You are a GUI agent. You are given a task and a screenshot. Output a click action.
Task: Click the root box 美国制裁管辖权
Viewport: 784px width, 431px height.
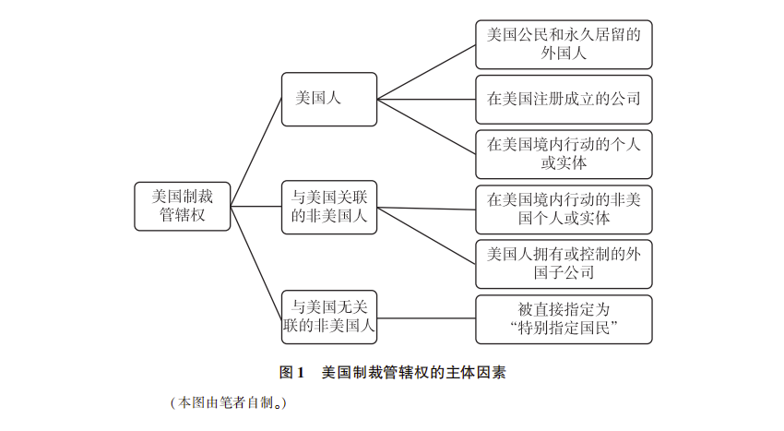182,205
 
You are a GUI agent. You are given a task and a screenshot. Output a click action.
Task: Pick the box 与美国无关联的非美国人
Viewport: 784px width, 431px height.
329,316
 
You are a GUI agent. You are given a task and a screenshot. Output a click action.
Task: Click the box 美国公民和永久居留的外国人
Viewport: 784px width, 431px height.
563,44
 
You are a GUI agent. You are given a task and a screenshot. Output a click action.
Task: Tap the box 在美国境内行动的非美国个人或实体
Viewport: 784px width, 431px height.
563,210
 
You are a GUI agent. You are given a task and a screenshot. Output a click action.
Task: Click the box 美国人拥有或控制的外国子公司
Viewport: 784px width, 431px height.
563,263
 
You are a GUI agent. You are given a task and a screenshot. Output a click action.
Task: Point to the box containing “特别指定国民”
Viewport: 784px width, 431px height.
563,318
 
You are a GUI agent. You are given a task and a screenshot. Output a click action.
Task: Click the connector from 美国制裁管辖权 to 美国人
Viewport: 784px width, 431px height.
256,151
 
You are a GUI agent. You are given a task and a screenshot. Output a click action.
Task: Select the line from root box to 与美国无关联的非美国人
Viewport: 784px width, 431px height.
256,260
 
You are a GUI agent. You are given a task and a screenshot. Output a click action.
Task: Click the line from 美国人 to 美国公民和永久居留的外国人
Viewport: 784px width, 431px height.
426,72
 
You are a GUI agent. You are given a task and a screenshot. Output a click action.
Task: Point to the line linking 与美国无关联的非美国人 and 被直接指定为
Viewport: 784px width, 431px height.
426,318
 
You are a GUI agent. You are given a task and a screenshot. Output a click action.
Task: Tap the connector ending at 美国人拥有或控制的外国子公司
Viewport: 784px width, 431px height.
426,234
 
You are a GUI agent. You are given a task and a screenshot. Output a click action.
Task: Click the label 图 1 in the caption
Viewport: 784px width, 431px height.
291,374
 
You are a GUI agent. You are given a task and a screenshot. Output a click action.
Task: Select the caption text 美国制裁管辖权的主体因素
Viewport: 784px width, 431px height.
413,374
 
